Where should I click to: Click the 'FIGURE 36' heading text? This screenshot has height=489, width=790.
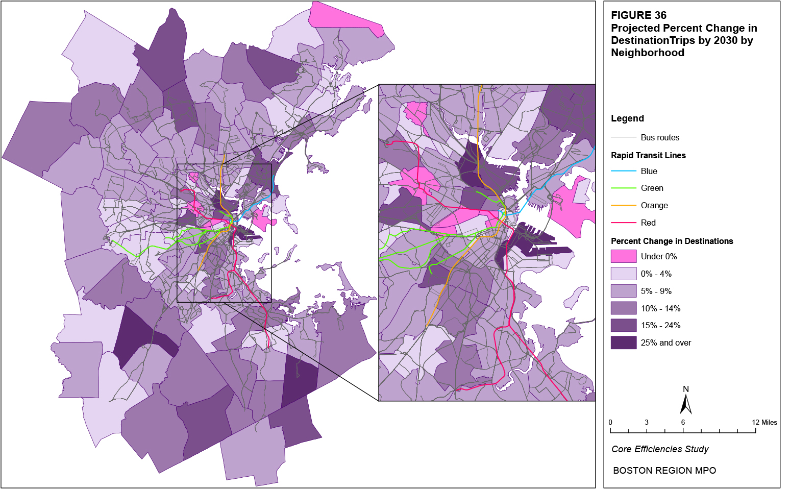638,15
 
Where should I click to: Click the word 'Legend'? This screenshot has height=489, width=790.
627,118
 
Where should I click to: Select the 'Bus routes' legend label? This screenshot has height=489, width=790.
660,137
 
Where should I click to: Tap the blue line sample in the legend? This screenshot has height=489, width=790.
624,171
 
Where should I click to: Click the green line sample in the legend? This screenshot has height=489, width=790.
624,188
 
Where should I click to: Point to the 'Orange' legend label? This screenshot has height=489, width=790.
654,205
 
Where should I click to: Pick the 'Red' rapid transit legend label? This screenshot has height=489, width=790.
648,223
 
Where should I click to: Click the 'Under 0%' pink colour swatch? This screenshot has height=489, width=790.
624,256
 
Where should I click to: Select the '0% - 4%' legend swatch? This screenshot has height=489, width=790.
624,274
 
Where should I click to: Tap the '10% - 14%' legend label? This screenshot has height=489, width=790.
660,308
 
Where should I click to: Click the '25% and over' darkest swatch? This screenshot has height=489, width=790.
624,343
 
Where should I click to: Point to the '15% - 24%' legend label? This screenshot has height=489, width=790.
660,325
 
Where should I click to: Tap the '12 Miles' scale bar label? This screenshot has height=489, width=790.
764,422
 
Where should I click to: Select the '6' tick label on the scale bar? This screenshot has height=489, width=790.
683,422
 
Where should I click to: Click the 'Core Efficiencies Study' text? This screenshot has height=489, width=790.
660,449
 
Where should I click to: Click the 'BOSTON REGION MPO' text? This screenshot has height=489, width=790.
664,471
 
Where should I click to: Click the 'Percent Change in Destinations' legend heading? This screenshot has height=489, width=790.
672,241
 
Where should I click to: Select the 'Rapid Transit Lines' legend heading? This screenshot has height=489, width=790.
648,155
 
